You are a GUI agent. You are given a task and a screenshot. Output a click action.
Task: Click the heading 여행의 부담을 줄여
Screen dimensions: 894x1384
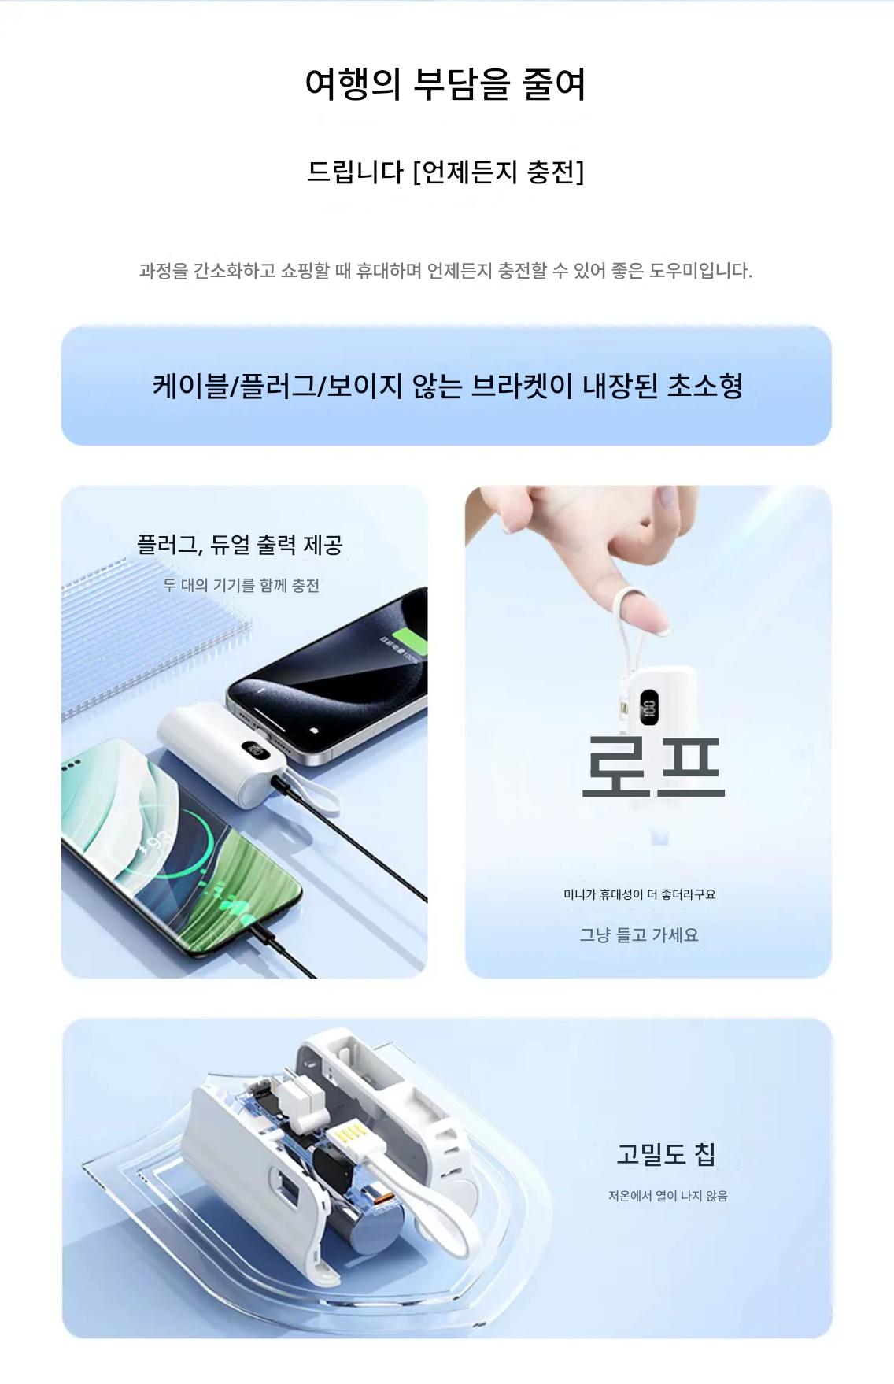coord(445,83)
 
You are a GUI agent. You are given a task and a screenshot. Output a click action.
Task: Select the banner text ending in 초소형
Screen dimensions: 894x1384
coord(448,386)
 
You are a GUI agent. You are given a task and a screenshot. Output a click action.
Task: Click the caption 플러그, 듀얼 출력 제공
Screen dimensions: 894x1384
coord(240,545)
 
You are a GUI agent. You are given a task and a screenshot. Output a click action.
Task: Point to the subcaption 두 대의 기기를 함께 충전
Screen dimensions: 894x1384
coord(241,585)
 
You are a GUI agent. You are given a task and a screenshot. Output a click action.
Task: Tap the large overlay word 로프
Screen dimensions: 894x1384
coord(652,764)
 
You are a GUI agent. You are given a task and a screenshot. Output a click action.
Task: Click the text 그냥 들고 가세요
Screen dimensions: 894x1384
coord(639,934)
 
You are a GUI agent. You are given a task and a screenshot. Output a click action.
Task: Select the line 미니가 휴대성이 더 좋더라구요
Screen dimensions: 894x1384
coord(640,894)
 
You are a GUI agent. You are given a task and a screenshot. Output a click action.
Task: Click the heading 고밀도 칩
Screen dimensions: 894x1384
coord(666,1154)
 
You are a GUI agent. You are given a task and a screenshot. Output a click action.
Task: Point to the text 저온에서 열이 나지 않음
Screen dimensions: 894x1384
coord(667,1196)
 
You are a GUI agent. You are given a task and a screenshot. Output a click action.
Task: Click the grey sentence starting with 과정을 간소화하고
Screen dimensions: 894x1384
coord(445,271)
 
